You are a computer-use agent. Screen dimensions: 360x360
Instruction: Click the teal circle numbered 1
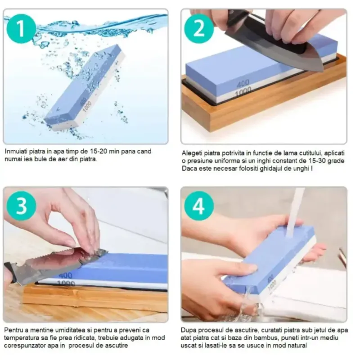point(21,28)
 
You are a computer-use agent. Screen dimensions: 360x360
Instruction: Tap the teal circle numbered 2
point(199,28)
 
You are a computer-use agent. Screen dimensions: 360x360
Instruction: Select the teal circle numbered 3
point(21,206)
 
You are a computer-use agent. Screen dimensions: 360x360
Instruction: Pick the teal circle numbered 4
point(199,206)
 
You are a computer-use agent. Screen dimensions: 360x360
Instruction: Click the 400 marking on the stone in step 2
point(243,84)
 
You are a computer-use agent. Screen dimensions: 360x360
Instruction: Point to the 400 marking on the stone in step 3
point(65,275)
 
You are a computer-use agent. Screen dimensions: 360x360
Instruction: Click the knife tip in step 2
point(323,70)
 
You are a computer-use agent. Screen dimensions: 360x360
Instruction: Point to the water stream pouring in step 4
point(293,212)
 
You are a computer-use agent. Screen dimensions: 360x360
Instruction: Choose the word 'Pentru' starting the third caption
point(13,330)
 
